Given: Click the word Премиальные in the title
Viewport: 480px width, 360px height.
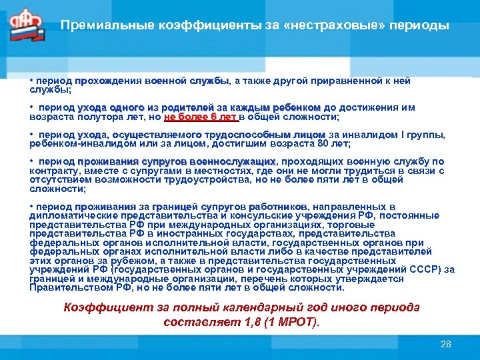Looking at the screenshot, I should (98, 26).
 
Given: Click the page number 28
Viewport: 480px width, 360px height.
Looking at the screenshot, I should (446, 344).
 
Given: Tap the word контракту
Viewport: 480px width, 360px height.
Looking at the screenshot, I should (51, 170).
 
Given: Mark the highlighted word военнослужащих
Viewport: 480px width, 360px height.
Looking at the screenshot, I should (232, 161).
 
